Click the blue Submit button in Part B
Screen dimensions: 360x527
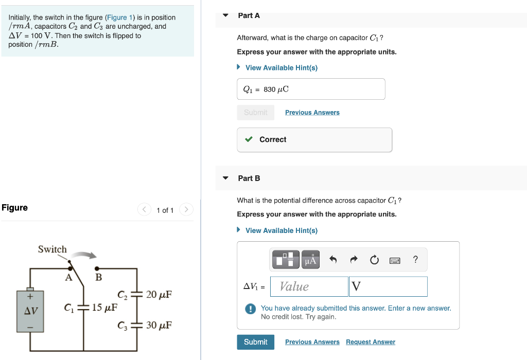point(255,342)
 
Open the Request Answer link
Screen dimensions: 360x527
point(370,342)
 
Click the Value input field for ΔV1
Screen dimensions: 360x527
point(309,286)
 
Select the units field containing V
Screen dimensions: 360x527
point(388,286)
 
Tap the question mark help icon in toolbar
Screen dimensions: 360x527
point(415,260)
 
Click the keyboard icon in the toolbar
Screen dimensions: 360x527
point(395,260)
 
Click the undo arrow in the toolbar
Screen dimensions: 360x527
point(333,260)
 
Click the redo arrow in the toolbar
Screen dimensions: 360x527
point(354,260)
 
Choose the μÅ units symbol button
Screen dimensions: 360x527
point(310,260)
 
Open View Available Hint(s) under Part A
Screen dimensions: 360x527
point(281,68)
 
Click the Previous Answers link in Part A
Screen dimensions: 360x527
point(312,113)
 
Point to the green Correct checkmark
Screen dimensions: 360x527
point(249,139)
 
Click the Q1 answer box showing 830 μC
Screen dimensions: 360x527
point(311,89)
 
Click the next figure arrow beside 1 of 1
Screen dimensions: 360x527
point(186,210)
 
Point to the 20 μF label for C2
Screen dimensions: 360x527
point(159,295)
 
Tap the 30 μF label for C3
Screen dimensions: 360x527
point(159,326)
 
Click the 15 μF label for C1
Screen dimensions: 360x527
point(104,308)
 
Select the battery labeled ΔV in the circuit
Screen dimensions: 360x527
point(30,311)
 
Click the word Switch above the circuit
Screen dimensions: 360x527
point(52,249)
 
